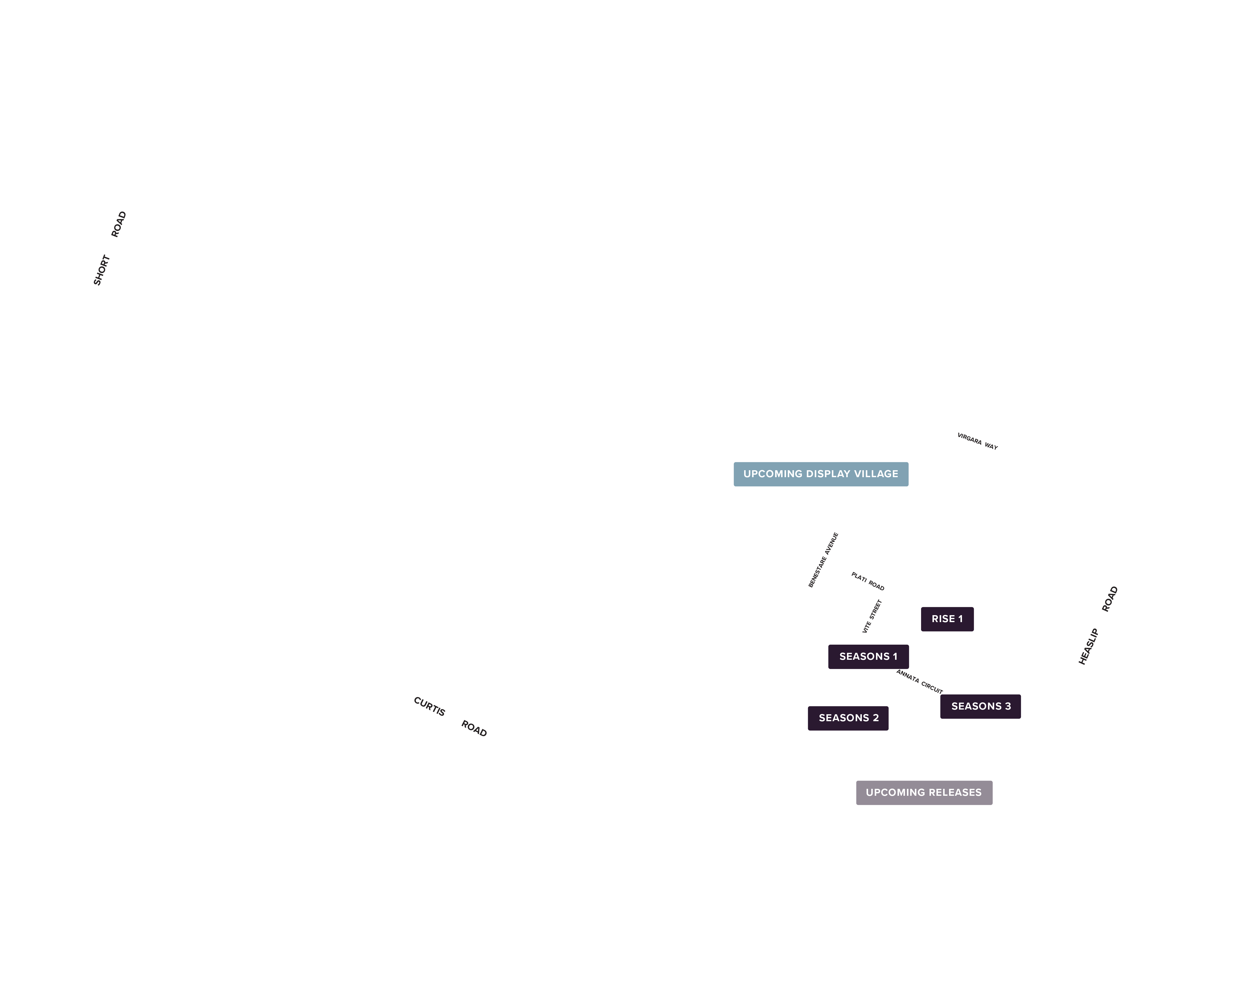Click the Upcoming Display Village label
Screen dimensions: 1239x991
[821, 474]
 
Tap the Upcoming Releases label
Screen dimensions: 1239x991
[924, 793]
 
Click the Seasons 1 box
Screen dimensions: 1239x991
[868, 657]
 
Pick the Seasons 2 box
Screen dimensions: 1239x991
[848, 718]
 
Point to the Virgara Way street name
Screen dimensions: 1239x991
[978, 441]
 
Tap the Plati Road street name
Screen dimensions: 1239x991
[868, 581]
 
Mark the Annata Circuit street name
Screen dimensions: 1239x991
[920, 682]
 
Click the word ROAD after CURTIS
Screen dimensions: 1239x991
[474, 728]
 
